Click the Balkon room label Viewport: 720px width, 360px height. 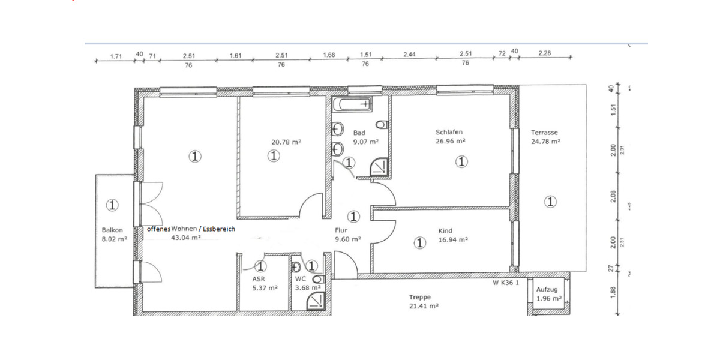point(112,230)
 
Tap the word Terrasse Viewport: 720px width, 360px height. point(544,133)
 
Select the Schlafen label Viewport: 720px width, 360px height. point(449,133)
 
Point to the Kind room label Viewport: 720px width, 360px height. point(445,230)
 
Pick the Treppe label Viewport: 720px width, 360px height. point(419,296)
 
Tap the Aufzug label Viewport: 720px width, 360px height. point(547,289)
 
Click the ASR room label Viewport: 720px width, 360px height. point(259,279)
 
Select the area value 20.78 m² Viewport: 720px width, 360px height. point(286,142)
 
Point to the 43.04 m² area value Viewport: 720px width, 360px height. point(185,238)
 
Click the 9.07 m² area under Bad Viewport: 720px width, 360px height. point(365,142)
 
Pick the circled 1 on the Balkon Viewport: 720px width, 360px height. point(112,205)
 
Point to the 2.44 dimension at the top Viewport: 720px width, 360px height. point(409,55)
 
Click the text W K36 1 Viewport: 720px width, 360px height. point(506,282)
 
